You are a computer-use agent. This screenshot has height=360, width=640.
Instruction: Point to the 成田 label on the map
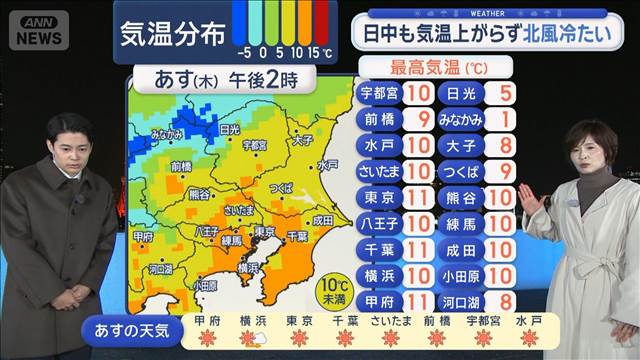coord(322,220)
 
